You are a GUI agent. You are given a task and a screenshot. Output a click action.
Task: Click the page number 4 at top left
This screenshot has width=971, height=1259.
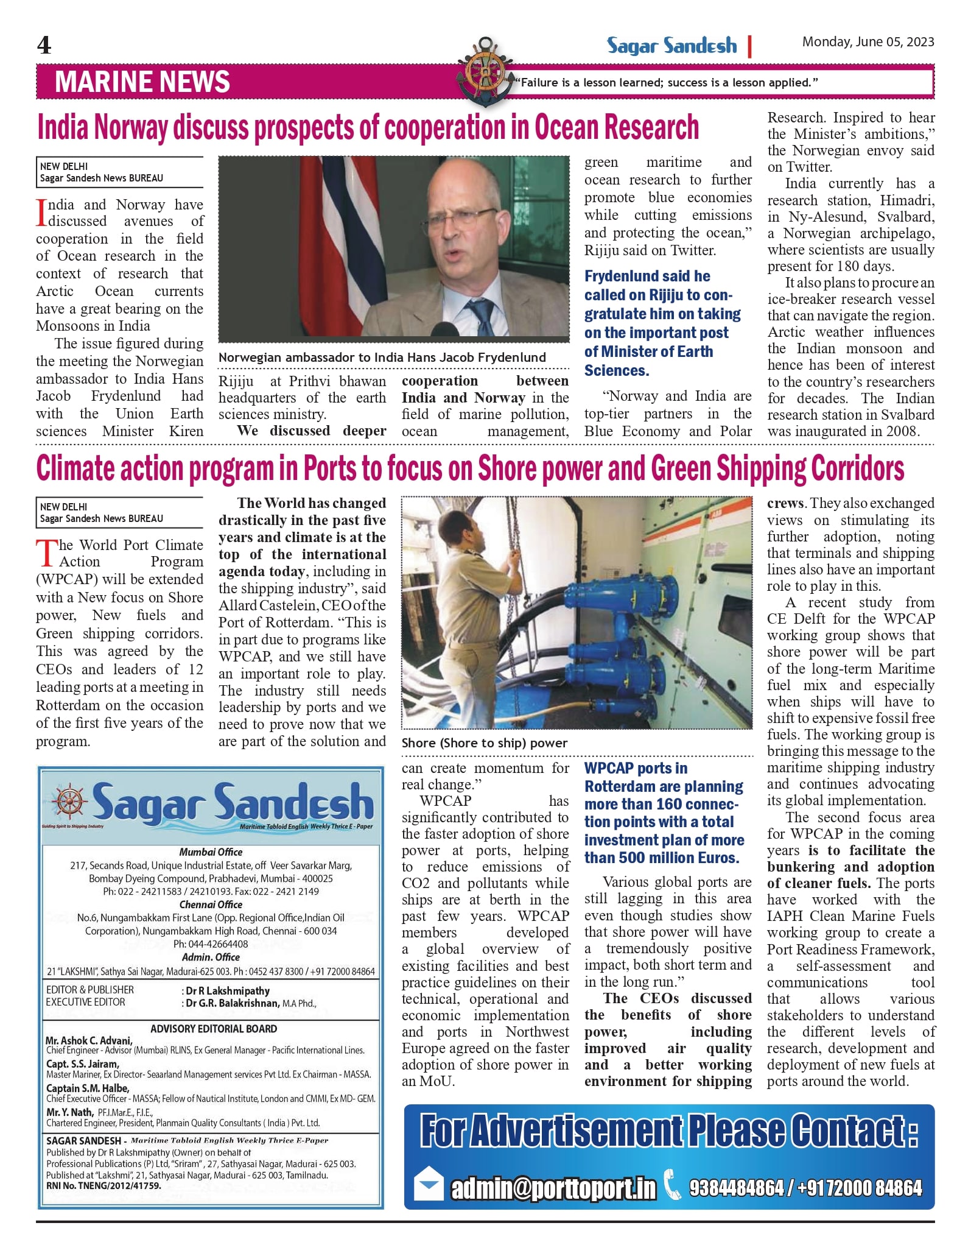pos(44,46)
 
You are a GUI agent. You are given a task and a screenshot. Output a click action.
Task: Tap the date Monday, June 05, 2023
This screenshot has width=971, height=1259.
pos(868,42)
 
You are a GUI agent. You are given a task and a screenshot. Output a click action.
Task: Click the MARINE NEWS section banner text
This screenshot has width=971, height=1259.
pos(142,82)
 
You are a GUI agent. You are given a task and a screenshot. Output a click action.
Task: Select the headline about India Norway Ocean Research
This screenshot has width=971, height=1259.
pos(368,128)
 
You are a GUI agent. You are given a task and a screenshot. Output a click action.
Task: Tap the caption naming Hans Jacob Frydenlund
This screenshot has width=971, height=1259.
pos(382,358)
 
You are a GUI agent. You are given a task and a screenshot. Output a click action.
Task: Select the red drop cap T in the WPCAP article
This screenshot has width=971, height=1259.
pos(46,553)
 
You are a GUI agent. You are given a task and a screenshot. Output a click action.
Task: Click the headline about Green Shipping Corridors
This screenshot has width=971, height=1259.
pos(470,469)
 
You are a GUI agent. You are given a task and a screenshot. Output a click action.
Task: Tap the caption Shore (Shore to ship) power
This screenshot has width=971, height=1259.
pos(484,743)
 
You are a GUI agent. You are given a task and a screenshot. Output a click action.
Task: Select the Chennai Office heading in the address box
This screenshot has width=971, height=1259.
pos(211,905)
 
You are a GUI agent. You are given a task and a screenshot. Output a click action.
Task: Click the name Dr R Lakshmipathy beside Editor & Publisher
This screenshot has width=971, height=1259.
pos(228,991)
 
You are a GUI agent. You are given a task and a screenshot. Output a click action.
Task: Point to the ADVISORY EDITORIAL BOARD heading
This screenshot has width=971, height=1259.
pos(214,1029)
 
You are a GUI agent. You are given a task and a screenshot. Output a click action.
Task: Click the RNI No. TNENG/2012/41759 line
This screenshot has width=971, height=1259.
pos(103,1186)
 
